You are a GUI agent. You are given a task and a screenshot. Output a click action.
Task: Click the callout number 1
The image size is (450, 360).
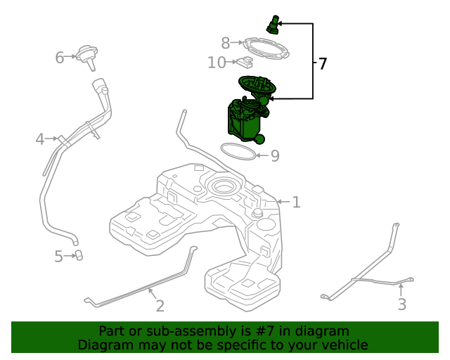pos(297,202)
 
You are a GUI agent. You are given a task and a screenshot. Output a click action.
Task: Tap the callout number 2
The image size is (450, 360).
pos(160,305)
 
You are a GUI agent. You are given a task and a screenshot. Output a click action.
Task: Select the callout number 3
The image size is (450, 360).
pos(401,304)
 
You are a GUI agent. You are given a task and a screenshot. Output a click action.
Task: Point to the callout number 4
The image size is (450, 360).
pos(40,139)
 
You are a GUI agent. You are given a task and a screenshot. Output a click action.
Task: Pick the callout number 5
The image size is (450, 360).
pos(59,257)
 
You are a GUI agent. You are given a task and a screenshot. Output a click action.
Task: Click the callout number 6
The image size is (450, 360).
pos(60,57)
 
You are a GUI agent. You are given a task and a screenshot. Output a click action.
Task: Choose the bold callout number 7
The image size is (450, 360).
pos(323,64)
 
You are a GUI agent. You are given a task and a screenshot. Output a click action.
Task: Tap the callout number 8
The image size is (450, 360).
pos(226,43)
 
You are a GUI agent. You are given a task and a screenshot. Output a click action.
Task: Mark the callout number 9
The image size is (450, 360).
pos(275,155)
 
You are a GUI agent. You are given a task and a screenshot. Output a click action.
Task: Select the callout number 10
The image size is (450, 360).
pos(217,63)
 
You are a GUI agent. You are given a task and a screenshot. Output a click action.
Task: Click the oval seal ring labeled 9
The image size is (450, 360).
pos(238,151)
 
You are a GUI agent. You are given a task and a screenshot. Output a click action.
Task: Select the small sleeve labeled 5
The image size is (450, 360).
pos(79,255)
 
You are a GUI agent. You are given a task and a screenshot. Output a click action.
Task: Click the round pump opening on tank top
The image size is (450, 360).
pos(224,187)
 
